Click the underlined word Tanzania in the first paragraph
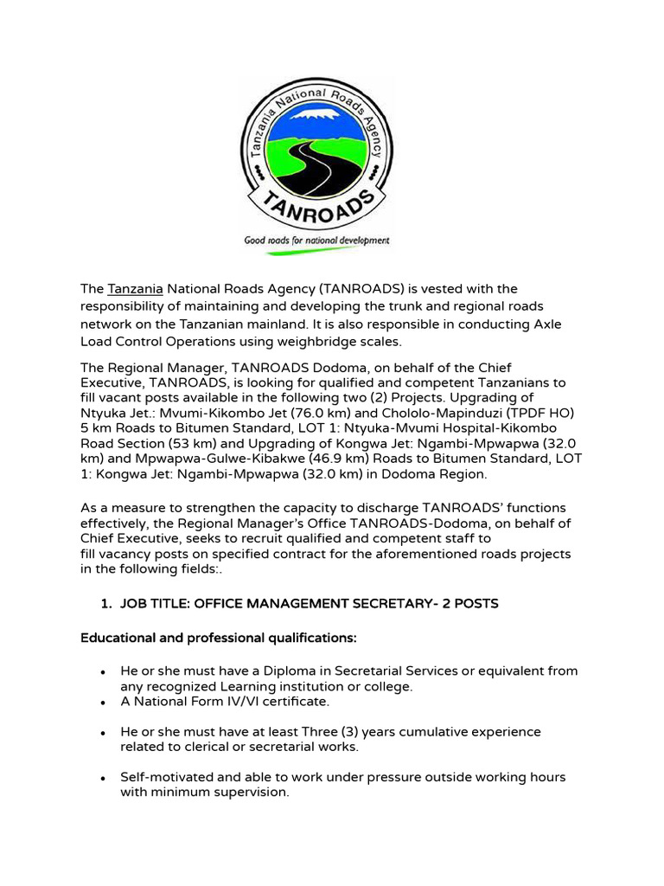pyautogui.click(x=135, y=288)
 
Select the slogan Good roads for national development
pyautogui.click(x=316, y=241)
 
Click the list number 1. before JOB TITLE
pyautogui.click(x=107, y=604)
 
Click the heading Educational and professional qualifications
pyautogui.click(x=218, y=638)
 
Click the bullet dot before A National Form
pyautogui.click(x=103, y=702)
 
